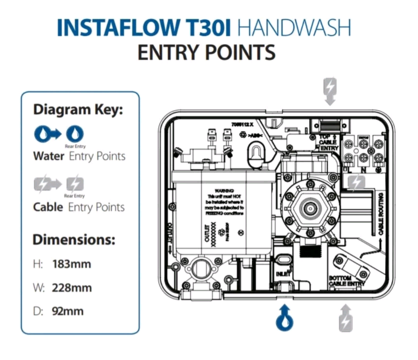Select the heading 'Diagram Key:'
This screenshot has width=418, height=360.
click(78, 110)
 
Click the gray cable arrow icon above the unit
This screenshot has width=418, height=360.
click(330, 91)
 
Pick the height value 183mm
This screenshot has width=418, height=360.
click(72, 264)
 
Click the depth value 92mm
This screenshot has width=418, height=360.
click(68, 311)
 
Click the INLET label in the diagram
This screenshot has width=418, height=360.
click(283, 273)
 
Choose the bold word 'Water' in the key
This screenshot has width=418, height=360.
click(49, 156)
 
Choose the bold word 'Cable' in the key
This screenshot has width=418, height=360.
click(48, 207)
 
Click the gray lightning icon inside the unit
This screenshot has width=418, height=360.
click(357, 182)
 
